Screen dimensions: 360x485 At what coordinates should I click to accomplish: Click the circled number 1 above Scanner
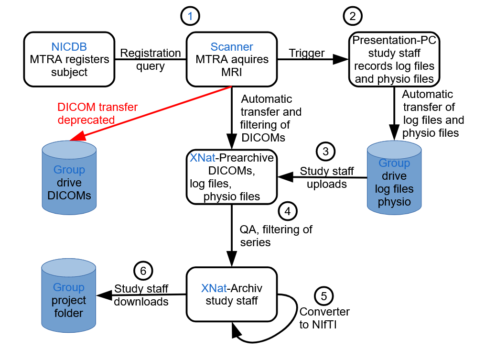(x=190, y=16)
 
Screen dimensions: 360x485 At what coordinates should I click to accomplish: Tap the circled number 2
(x=353, y=16)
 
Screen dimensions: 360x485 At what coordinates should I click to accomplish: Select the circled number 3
(x=325, y=152)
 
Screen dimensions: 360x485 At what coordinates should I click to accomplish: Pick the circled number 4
(x=287, y=210)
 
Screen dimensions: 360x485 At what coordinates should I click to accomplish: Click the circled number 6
(x=143, y=271)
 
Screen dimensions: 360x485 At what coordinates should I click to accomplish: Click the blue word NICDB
(x=69, y=47)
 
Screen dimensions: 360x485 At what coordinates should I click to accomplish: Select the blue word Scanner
(x=232, y=47)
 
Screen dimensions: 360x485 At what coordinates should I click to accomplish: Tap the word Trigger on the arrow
(x=307, y=53)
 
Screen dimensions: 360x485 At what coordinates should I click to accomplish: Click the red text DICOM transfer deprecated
(x=91, y=113)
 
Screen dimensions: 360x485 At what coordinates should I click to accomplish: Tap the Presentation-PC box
(x=394, y=59)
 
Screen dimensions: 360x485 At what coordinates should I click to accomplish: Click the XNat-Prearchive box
(x=232, y=177)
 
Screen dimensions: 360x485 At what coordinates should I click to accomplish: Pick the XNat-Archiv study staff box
(x=232, y=294)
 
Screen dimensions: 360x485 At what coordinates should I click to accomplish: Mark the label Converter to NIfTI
(x=324, y=318)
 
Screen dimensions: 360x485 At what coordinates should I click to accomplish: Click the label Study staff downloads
(x=141, y=295)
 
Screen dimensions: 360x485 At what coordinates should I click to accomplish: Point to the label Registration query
(x=150, y=59)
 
